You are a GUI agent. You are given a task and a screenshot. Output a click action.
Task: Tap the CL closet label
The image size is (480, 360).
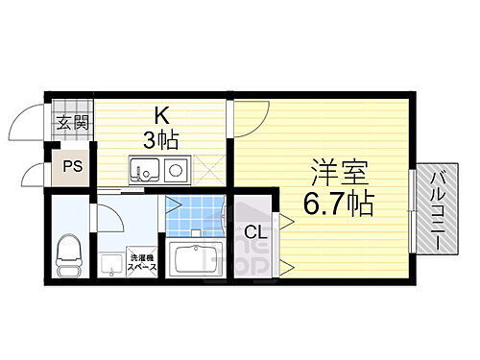(x=254, y=231)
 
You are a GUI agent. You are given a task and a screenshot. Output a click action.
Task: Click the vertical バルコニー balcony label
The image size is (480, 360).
(x=436, y=209)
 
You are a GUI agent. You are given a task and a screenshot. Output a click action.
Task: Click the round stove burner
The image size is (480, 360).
(x=176, y=172)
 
